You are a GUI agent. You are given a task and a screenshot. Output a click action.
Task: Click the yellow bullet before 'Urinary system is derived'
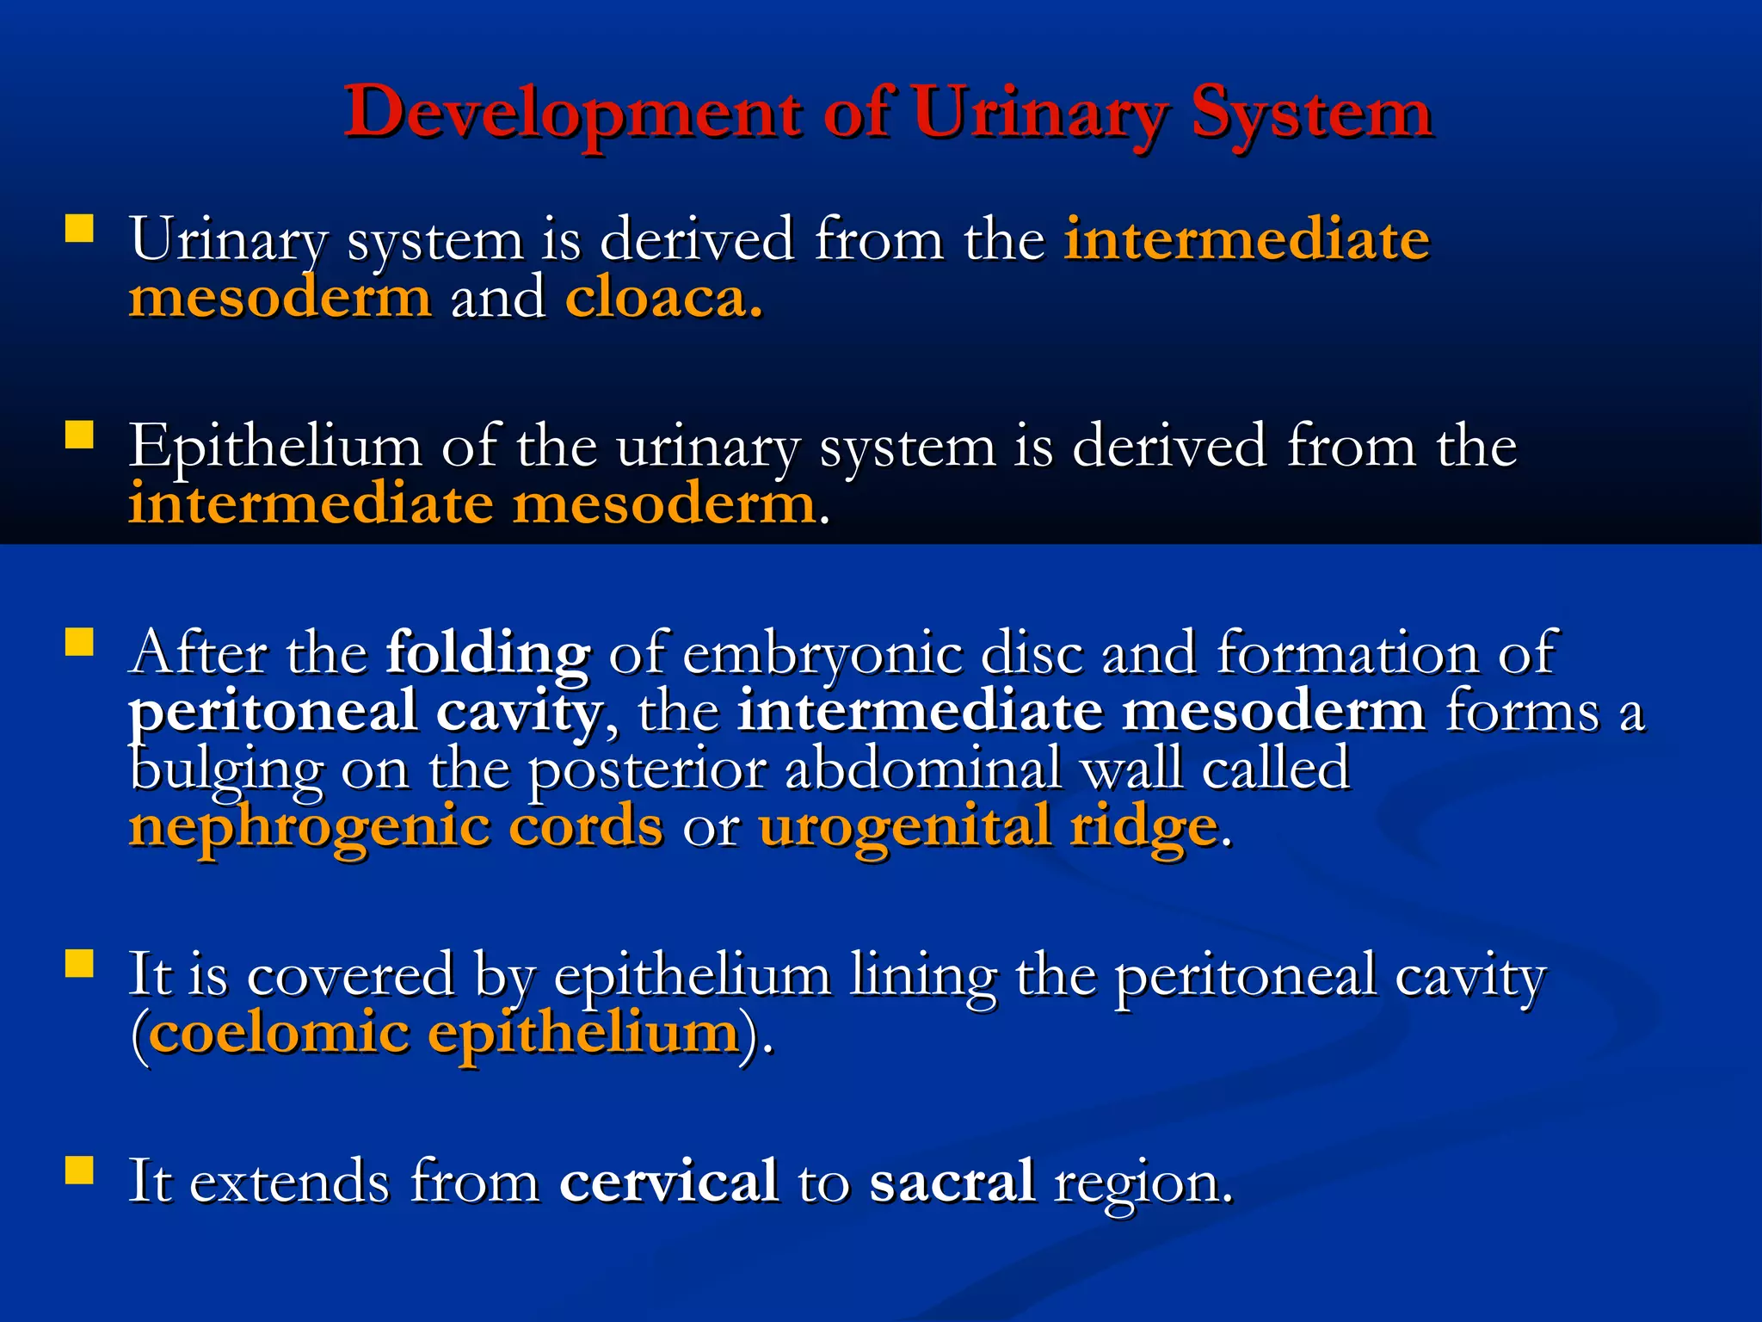click(x=79, y=228)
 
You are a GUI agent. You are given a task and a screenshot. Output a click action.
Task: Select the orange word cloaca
click(x=663, y=299)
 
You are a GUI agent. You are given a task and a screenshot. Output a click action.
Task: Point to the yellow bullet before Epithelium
click(x=79, y=435)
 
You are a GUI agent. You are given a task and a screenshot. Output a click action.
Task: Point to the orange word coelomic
click(x=279, y=1033)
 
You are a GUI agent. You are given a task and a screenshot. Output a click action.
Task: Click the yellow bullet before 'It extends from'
click(x=79, y=1171)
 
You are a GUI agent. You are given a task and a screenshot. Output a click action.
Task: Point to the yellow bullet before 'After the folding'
click(x=79, y=642)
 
